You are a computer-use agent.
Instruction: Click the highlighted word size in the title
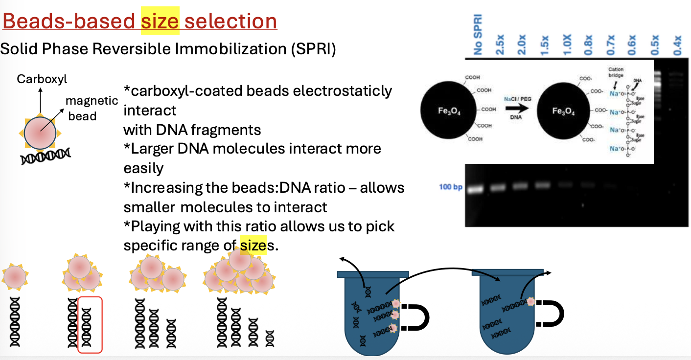tap(160, 22)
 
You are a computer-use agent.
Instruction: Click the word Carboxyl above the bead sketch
tap(42, 79)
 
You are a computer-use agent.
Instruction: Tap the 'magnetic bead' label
tap(92, 108)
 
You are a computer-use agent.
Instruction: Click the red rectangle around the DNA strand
tap(90, 324)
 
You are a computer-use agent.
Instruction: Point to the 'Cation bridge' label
tap(616, 73)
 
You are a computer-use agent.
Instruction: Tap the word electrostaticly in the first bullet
tap(334, 91)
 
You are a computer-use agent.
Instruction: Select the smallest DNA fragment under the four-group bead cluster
tap(270, 337)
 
